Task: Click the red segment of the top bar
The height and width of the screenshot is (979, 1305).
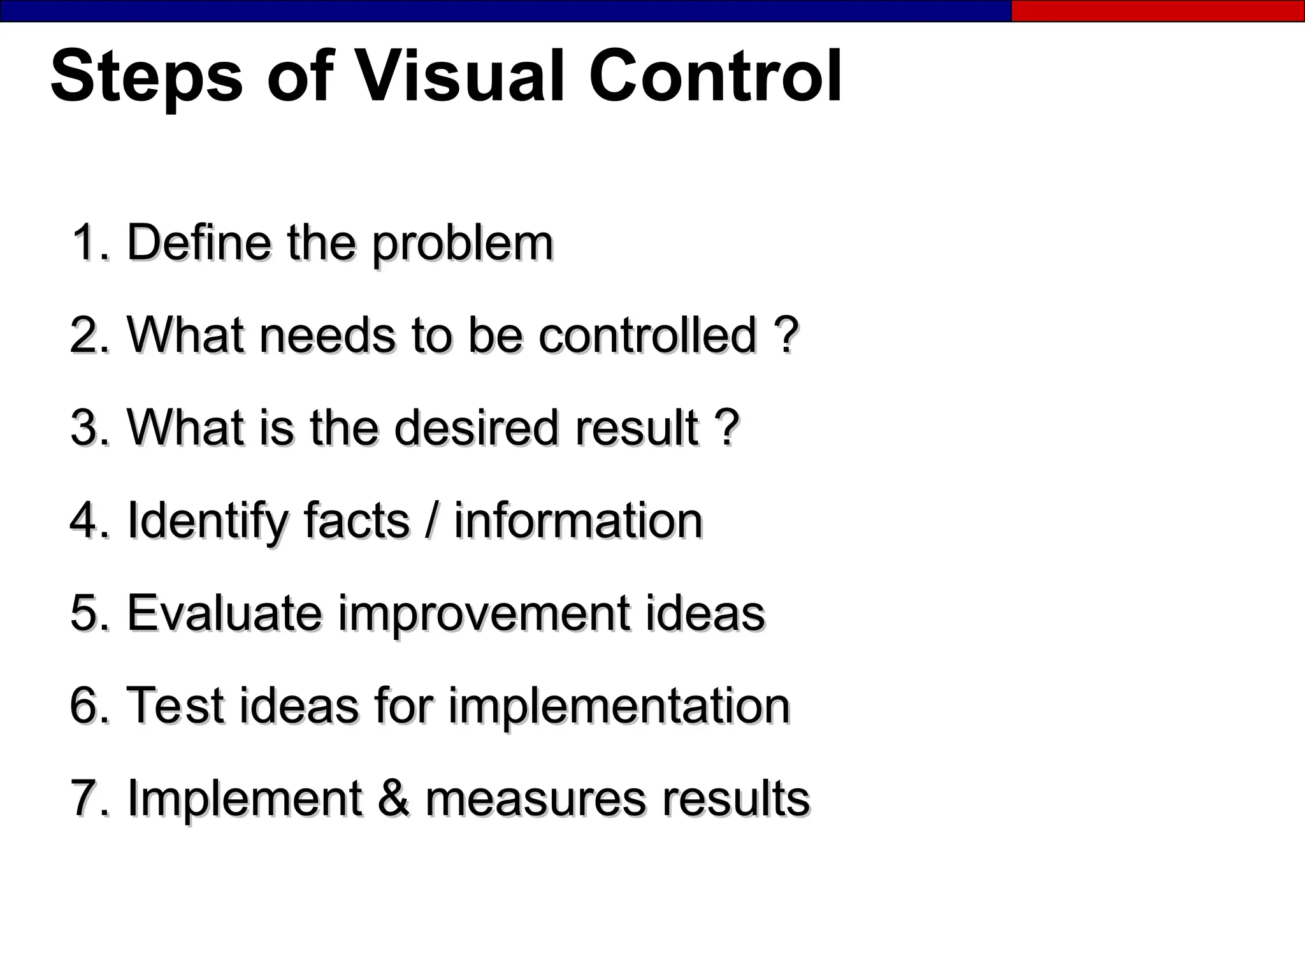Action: click(1157, 11)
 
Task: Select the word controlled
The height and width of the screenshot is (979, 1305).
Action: click(647, 335)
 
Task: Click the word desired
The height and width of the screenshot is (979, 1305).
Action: click(477, 428)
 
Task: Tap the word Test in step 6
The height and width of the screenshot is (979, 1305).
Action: click(177, 706)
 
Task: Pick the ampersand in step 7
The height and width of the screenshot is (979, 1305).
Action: click(394, 799)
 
